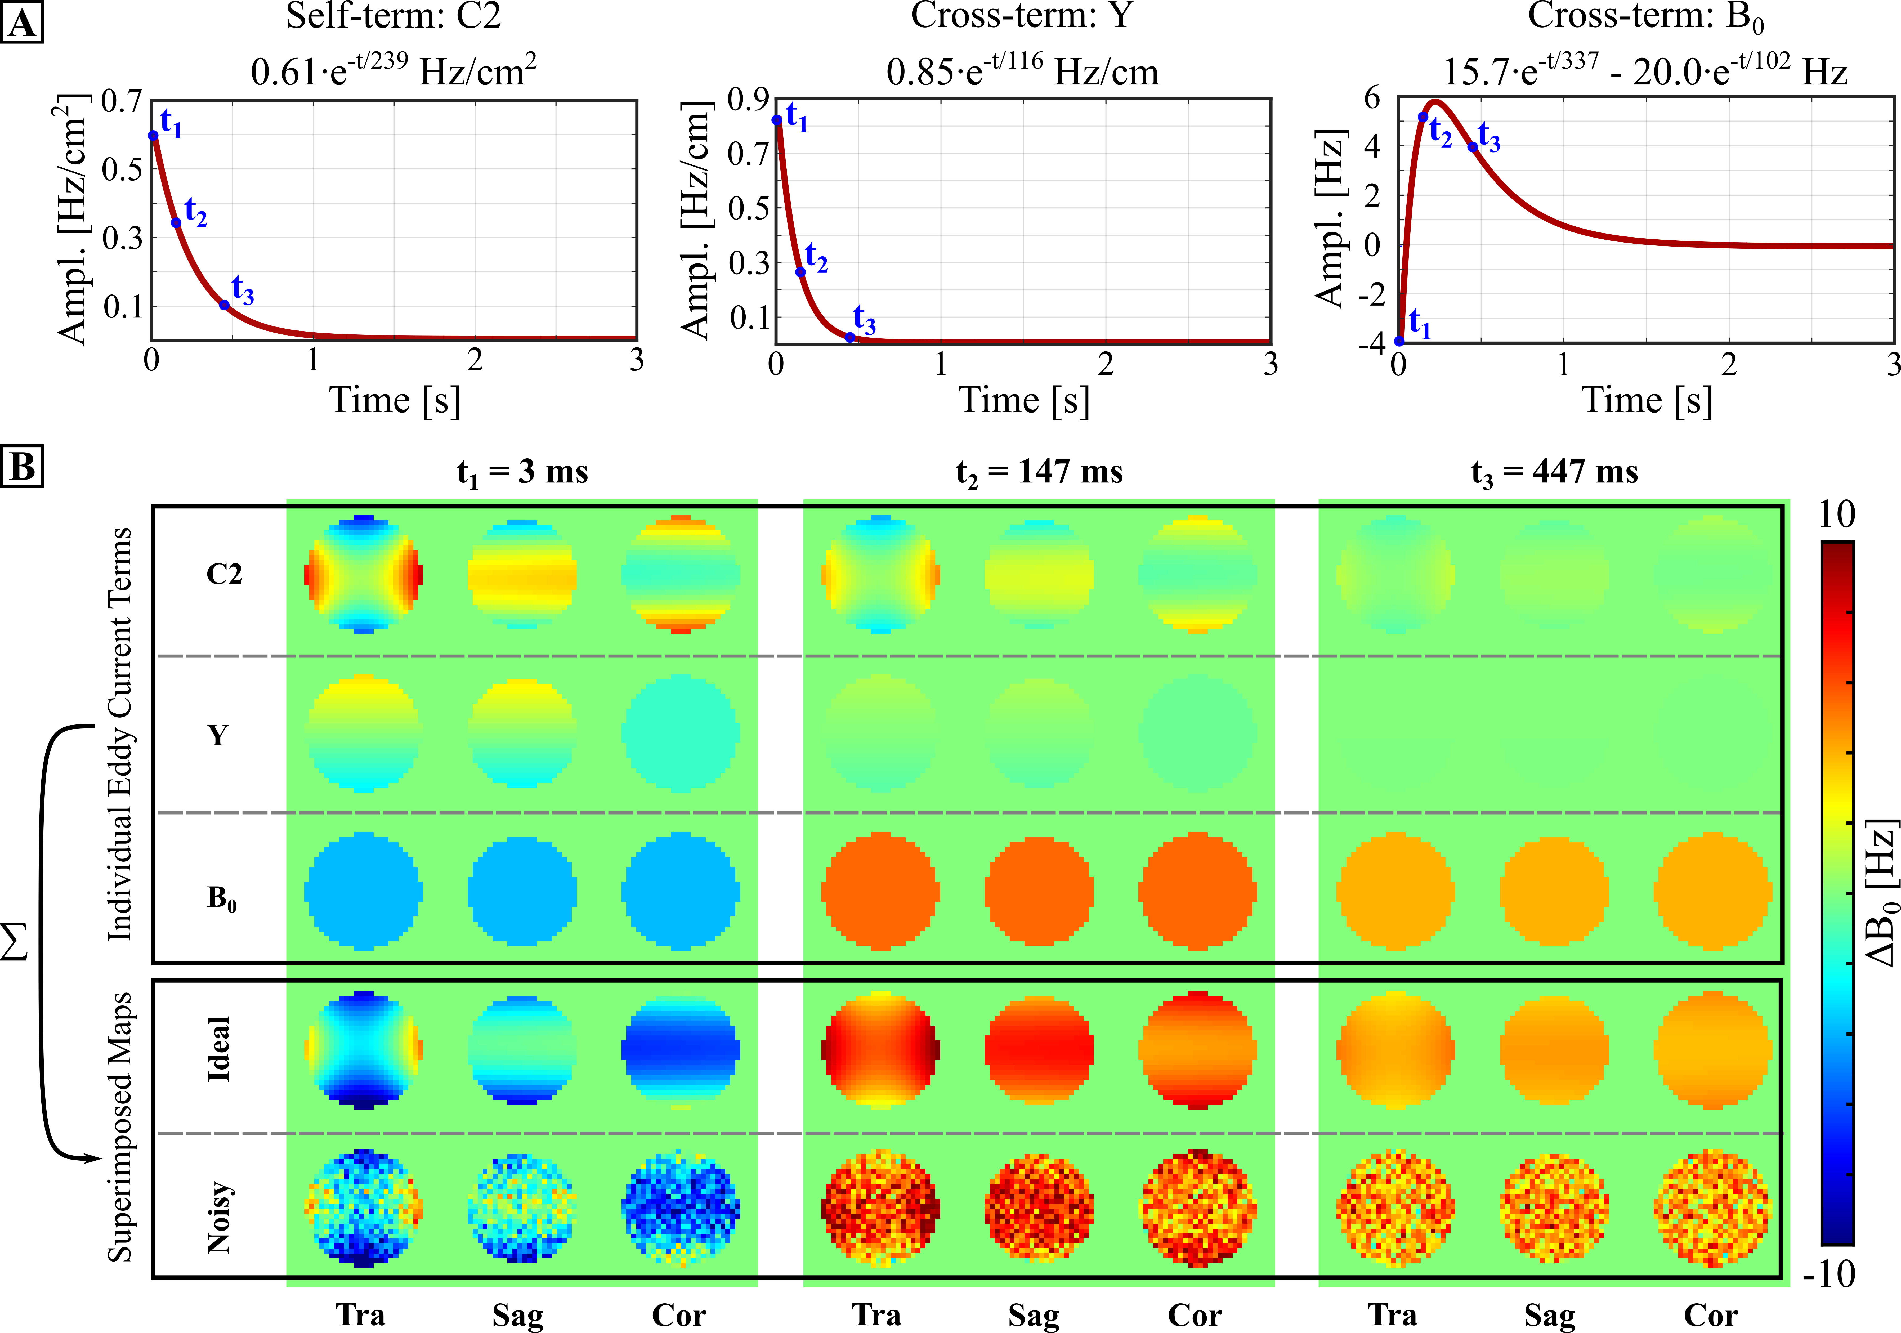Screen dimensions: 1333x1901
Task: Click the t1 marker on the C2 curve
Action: click(153, 136)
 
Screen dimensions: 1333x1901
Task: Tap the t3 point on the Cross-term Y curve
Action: click(849, 337)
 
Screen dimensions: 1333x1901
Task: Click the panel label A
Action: click(22, 22)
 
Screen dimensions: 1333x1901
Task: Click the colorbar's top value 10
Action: click(1836, 515)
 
